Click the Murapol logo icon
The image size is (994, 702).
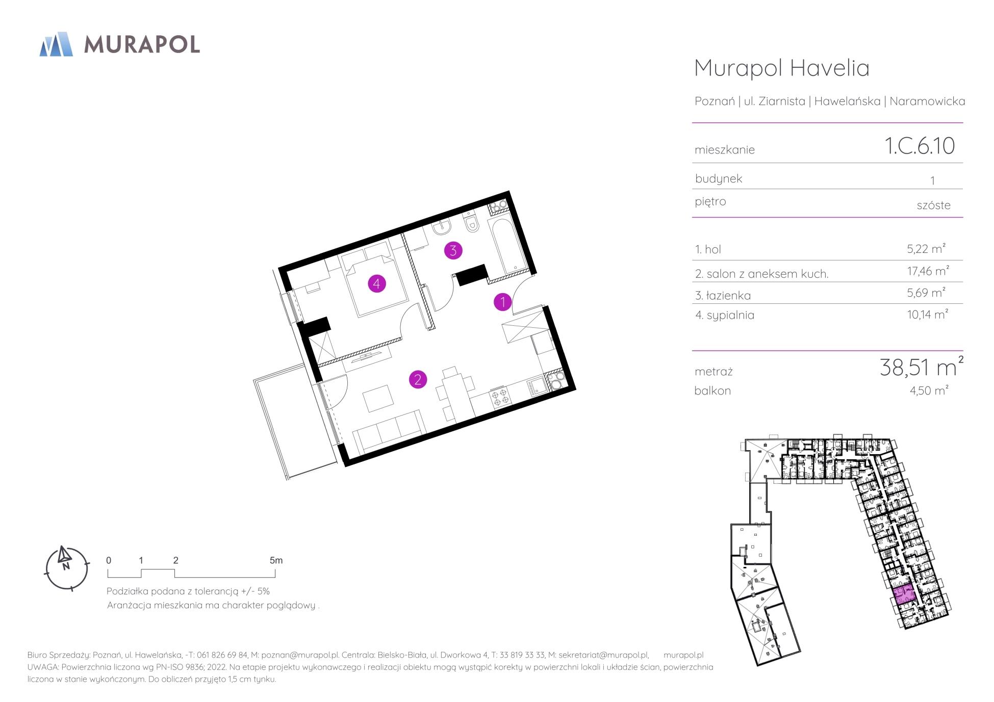coord(56,44)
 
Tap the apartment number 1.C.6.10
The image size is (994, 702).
coord(920,146)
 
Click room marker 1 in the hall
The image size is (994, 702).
coord(502,302)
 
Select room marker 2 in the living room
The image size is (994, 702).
coord(418,379)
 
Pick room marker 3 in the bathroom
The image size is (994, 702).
coord(453,250)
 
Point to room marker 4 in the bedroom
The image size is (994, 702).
coord(377,283)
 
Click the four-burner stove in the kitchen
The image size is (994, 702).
coord(499,397)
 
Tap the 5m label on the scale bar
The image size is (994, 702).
coord(276,560)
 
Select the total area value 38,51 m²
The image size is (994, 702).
coord(922,367)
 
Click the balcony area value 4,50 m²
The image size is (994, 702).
coord(929,391)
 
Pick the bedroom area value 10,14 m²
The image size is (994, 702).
coord(927,314)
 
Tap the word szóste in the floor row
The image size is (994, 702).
coord(933,205)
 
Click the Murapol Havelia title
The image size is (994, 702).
coord(782,68)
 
